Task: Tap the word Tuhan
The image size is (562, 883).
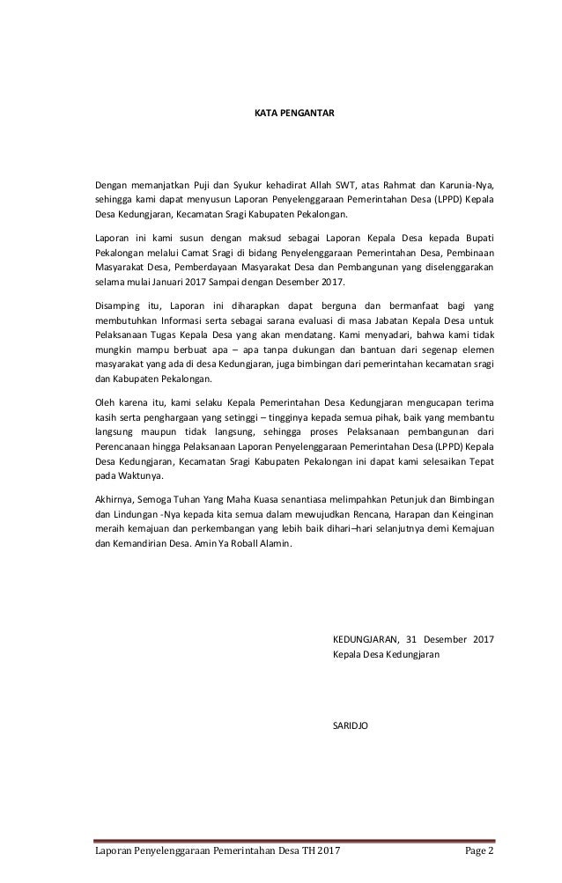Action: click(x=197, y=502)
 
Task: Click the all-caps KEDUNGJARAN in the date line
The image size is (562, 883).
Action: click(x=366, y=639)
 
